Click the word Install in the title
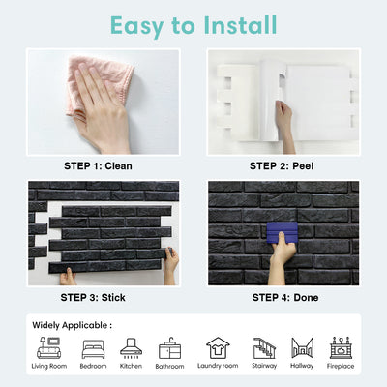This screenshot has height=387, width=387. click(x=240, y=25)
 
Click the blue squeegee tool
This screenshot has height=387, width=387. click(x=282, y=233)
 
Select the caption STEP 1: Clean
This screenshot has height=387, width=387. click(x=98, y=166)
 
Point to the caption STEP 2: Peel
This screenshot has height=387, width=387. click(x=282, y=166)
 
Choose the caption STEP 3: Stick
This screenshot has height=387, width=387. click(x=93, y=297)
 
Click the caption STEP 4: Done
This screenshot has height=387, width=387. click(x=285, y=297)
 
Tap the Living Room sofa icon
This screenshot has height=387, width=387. click(x=49, y=347)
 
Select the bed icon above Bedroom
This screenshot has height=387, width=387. click(x=93, y=349)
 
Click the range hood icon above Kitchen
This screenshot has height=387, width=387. click(x=131, y=348)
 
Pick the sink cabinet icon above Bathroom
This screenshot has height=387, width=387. click(x=169, y=348)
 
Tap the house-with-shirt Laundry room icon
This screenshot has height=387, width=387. click(x=218, y=348)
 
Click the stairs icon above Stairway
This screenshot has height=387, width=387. click(x=264, y=348)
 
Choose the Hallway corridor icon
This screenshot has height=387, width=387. click(x=302, y=347)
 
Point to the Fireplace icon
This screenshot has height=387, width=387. click(x=341, y=348)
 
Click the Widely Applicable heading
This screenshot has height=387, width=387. click(x=72, y=325)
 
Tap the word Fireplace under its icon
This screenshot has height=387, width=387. click(x=341, y=366)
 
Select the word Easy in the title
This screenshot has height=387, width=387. click(x=137, y=26)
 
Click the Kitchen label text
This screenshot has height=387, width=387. click(x=131, y=366)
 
